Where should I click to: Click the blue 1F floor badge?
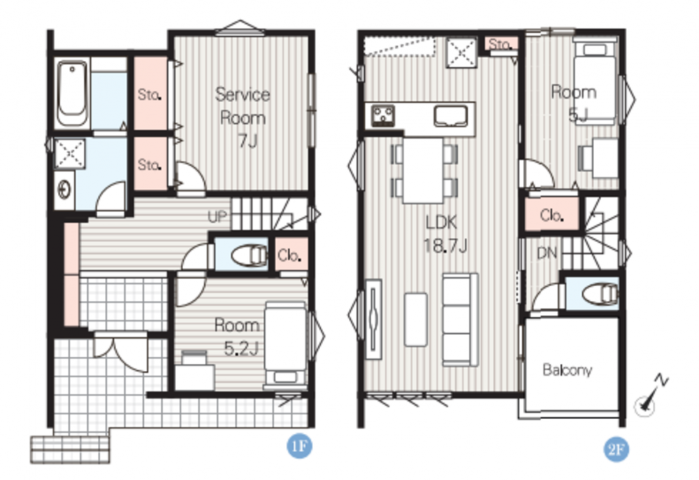(x=299, y=446)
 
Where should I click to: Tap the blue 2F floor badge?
(x=616, y=449)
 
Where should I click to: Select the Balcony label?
(x=567, y=370)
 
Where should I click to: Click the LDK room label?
(x=441, y=222)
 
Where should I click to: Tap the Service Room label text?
(x=243, y=106)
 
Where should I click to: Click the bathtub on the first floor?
(x=72, y=93)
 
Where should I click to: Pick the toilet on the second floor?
(x=599, y=294)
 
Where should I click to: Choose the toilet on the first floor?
(x=249, y=255)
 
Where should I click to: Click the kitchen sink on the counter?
(x=450, y=115)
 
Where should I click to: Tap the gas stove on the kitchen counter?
(x=383, y=115)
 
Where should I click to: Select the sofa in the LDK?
(x=461, y=320)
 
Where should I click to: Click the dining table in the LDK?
(x=423, y=171)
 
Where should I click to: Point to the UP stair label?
(x=217, y=217)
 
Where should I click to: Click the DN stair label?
(x=547, y=253)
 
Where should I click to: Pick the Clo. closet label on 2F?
(x=552, y=216)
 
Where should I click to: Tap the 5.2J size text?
(x=241, y=348)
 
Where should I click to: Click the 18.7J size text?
(x=445, y=246)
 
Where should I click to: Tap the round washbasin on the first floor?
(x=64, y=190)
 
